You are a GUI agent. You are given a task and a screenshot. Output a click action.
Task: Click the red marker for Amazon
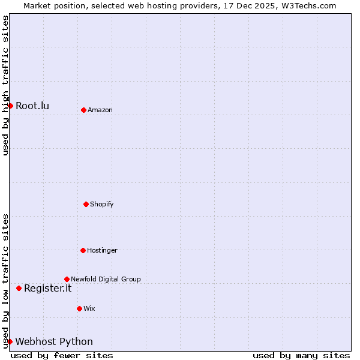click(83, 110)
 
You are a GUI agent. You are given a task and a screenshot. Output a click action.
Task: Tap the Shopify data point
click(86, 204)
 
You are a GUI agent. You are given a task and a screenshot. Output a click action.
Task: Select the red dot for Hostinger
click(83, 250)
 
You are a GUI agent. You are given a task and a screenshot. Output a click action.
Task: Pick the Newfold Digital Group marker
click(67, 279)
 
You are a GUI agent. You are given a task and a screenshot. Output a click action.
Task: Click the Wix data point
click(79, 308)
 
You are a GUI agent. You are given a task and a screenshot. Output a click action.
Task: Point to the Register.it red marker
click(19, 288)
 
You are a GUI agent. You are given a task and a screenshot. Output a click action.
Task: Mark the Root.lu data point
click(10, 106)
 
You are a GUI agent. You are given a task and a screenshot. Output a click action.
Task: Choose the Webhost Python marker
click(10, 341)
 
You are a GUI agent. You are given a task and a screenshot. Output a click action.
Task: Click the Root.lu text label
click(32, 106)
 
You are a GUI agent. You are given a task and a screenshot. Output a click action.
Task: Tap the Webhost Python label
click(54, 342)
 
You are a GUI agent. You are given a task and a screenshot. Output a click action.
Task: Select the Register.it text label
click(47, 289)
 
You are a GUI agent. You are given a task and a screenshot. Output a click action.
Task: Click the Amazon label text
click(100, 110)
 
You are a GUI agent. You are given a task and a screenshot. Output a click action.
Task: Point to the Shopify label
click(101, 205)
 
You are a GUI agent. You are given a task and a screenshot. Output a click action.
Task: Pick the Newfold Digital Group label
click(106, 280)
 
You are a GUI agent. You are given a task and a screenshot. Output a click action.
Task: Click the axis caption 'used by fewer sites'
click(62, 355)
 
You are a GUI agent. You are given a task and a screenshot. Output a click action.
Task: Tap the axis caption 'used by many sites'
click(301, 355)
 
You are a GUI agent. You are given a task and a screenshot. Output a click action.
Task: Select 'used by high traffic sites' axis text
click(6, 85)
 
